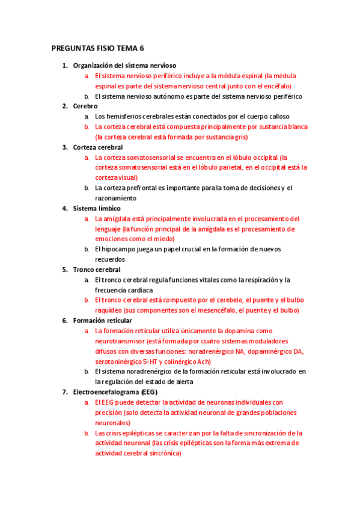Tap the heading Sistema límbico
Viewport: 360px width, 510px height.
[97, 208]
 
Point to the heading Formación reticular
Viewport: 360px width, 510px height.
[102, 321]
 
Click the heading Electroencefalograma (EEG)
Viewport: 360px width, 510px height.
[115, 392]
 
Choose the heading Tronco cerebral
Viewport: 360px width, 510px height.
[97, 269]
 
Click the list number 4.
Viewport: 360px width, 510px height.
[65, 208]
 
